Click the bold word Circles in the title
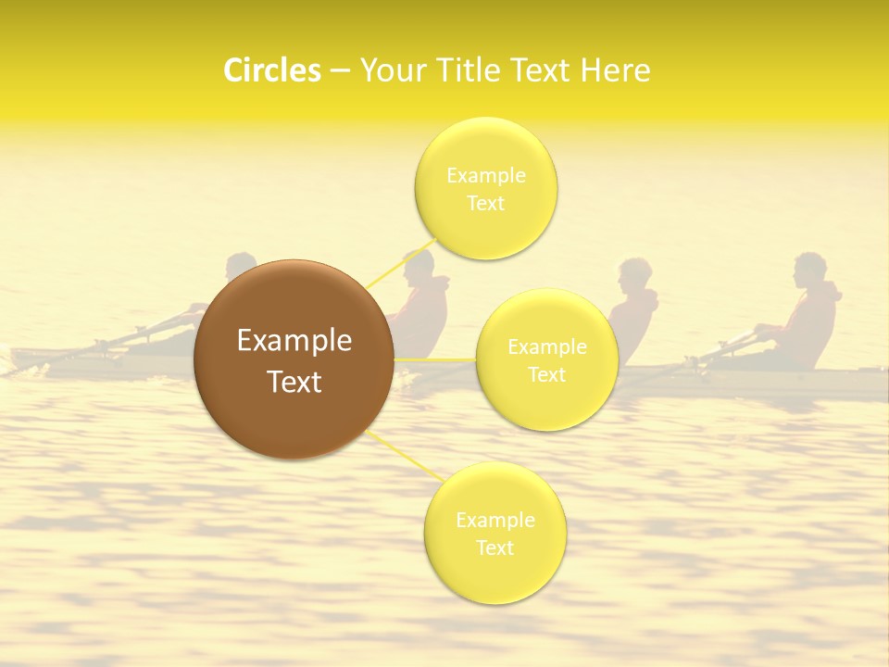click(x=271, y=70)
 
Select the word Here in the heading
click(x=615, y=70)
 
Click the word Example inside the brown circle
click(x=294, y=341)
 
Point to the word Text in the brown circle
click(x=294, y=382)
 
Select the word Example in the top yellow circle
click(x=485, y=175)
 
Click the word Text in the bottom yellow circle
click(x=495, y=547)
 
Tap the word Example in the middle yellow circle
click(x=547, y=347)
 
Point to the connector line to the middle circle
click(x=435, y=359)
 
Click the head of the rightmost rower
click(x=808, y=270)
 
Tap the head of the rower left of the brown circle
click(x=242, y=268)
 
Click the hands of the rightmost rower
click(x=761, y=330)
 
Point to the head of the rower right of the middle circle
click(x=634, y=275)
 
